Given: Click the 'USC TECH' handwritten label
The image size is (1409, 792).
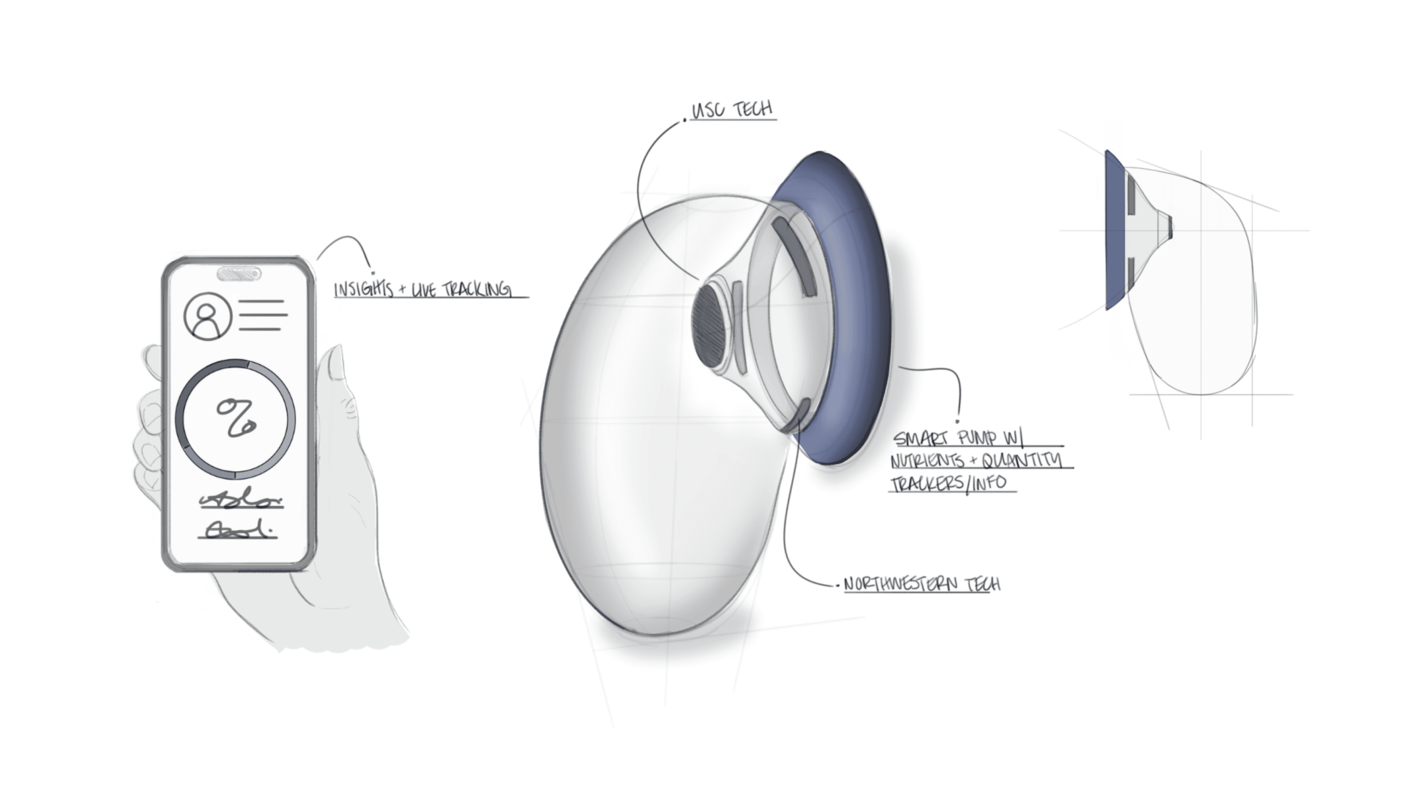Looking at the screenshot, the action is point(732,110).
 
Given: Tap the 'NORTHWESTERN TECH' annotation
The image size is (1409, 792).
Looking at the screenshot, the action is point(922,584).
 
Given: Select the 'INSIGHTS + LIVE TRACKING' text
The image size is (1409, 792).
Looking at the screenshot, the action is point(423,289).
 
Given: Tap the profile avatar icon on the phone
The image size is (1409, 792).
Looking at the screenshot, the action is point(207,316).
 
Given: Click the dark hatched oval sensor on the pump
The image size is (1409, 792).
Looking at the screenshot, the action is point(710,327).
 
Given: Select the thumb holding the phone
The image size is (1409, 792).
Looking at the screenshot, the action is point(334,377).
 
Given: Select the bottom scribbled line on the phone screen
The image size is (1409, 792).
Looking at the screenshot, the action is point(238,531).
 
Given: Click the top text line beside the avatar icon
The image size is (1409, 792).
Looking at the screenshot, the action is point(261,301).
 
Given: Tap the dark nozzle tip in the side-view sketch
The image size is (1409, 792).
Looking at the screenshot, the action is point(1170,226).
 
